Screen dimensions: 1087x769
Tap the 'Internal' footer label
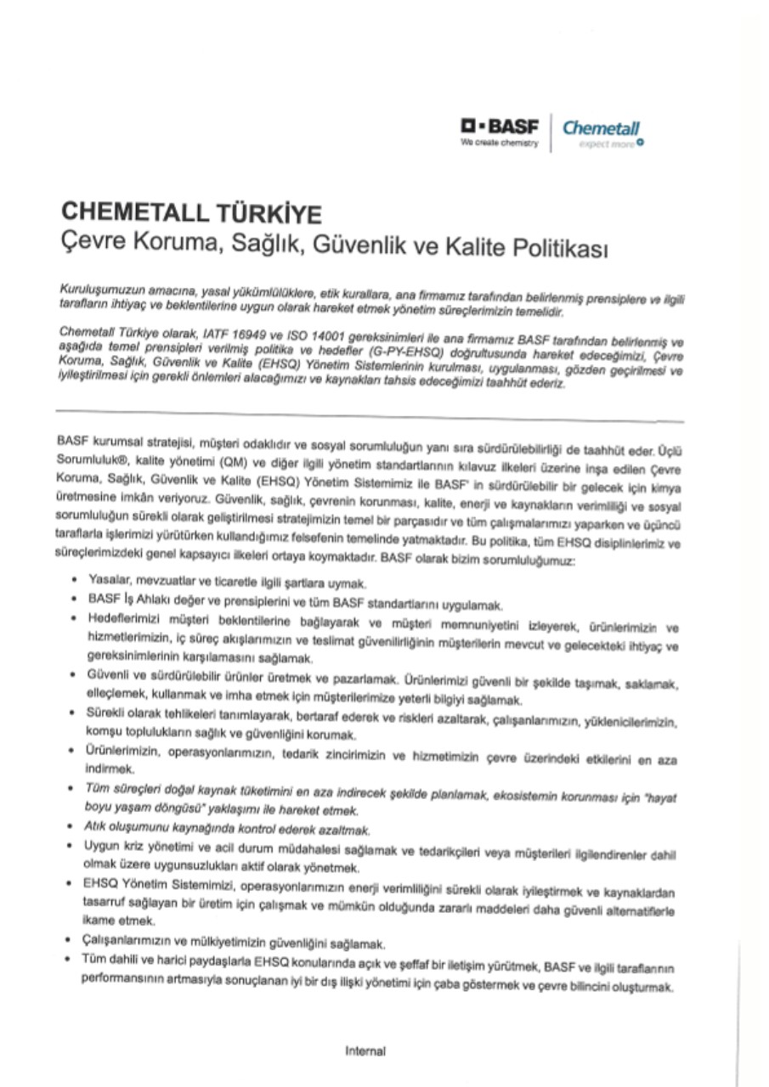(365, 1050)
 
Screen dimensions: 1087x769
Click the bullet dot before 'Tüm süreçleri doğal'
(78, 789)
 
